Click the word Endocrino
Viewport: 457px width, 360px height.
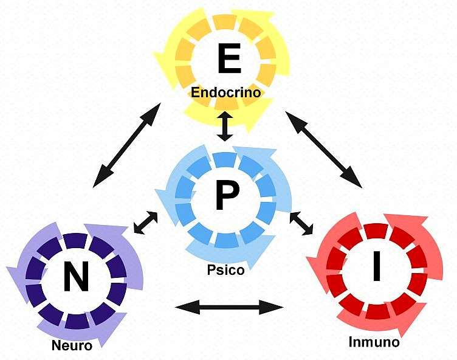tap(225, 93)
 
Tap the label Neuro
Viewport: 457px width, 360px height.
tap(72, 346)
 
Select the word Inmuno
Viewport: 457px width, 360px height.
tap(374, 342)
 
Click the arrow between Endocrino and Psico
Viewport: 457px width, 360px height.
tap(225, 126)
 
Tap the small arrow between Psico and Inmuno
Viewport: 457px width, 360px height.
tap(301, 223)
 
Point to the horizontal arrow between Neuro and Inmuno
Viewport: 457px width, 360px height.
tap(229, 307)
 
